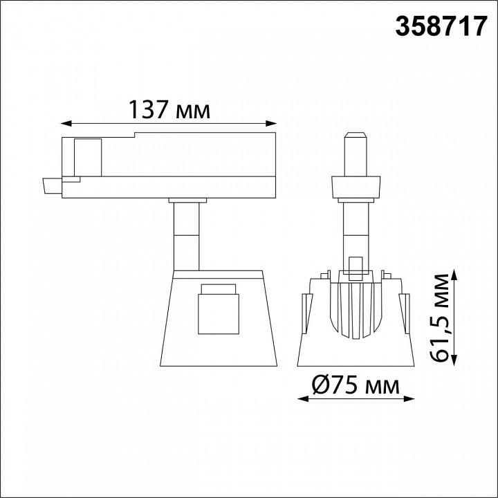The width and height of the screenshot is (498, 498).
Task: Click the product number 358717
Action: click(441, 27)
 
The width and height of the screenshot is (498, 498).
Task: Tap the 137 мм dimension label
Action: click(169, 109)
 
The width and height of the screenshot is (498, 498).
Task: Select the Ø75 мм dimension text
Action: click(356, 385)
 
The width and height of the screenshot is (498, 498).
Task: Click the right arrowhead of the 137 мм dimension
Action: click(271, 124)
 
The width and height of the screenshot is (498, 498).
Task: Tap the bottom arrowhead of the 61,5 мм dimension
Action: click(454, 360)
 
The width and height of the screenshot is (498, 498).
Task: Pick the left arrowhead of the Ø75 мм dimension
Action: click(303, 399)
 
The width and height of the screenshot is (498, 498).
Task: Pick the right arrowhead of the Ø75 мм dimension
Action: click(409, 399)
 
